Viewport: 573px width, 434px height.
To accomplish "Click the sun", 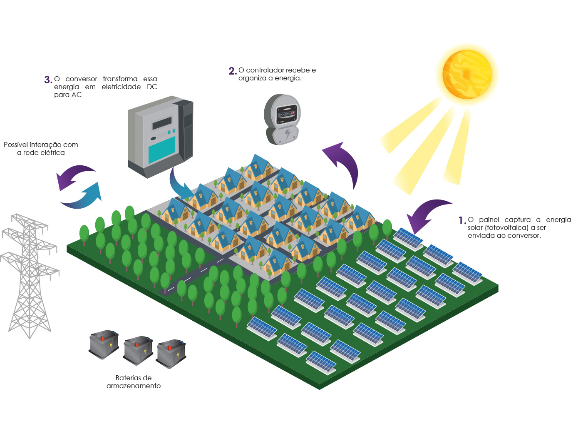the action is point(467,74).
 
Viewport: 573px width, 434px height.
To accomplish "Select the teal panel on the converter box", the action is point(162,150).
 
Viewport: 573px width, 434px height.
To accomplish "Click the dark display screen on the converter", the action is point(162,123).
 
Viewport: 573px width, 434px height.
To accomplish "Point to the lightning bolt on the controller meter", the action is point(288,134).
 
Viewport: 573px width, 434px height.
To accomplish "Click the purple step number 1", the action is point(462,220).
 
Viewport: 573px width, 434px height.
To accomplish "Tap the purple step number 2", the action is point(232,71).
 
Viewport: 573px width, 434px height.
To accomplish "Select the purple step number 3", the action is point(48,80).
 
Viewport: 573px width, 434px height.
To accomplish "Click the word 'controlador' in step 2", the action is point(265,70).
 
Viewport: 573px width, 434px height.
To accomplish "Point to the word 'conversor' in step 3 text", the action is point(81,79).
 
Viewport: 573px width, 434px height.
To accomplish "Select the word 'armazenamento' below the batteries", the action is point(134,386).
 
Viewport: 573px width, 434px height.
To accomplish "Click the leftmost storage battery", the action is point(104,344).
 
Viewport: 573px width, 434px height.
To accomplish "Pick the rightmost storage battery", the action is point(171,354).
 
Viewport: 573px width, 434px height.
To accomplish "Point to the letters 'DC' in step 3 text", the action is point(152,87).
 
